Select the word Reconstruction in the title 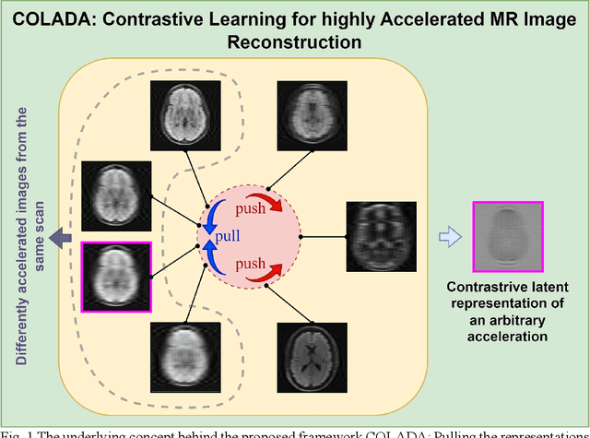(294, 42)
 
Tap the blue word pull (228, 236)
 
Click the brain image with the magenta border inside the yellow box (117, 276)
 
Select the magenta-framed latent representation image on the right (505, 234)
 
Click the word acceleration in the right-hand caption (505, 337)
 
